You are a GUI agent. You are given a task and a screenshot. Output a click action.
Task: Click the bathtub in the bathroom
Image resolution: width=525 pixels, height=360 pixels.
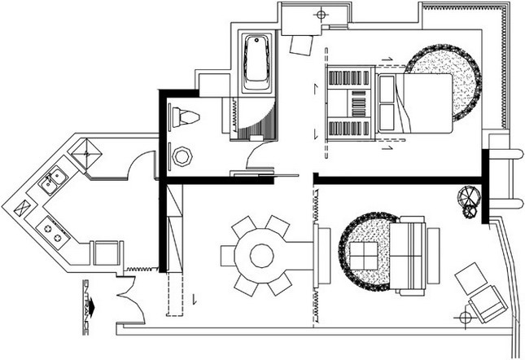[x=257, y=62]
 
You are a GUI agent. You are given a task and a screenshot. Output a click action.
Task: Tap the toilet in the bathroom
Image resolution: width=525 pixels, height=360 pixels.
[x=186, y=117]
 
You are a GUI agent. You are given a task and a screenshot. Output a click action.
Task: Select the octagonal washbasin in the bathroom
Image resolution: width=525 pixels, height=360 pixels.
[x=182, y=156]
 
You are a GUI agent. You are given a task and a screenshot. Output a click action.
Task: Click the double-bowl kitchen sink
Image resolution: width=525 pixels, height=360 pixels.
[x=53, y=181]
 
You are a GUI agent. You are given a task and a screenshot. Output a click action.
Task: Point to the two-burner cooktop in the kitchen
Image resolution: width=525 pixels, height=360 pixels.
[x=53, y=233]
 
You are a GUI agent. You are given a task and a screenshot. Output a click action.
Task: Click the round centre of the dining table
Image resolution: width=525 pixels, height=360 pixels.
[x=262, y=256]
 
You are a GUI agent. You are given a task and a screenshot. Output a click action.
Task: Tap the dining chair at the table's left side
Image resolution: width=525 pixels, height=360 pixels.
[x=228, y=257]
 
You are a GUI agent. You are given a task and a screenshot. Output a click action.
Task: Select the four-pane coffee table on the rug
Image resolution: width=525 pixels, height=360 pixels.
[x=363, y=256]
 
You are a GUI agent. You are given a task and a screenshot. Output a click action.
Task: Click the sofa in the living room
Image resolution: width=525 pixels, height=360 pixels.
[x=408, y=257]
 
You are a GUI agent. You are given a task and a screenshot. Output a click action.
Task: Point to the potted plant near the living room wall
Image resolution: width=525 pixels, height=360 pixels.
[x=468, y=201]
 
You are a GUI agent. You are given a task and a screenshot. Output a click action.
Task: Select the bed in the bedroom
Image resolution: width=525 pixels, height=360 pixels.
[x=415, y=103]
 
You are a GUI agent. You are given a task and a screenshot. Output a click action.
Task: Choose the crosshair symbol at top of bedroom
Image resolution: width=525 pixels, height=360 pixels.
[x=321, y=15]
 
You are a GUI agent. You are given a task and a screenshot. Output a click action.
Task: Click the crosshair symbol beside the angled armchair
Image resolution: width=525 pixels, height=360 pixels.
[x=465, y=317]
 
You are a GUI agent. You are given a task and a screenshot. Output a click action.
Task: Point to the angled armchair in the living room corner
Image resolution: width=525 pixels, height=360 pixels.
[x=488, y=304]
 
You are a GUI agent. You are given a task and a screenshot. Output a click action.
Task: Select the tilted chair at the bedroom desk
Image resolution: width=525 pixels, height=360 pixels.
[x=301, y=45]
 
